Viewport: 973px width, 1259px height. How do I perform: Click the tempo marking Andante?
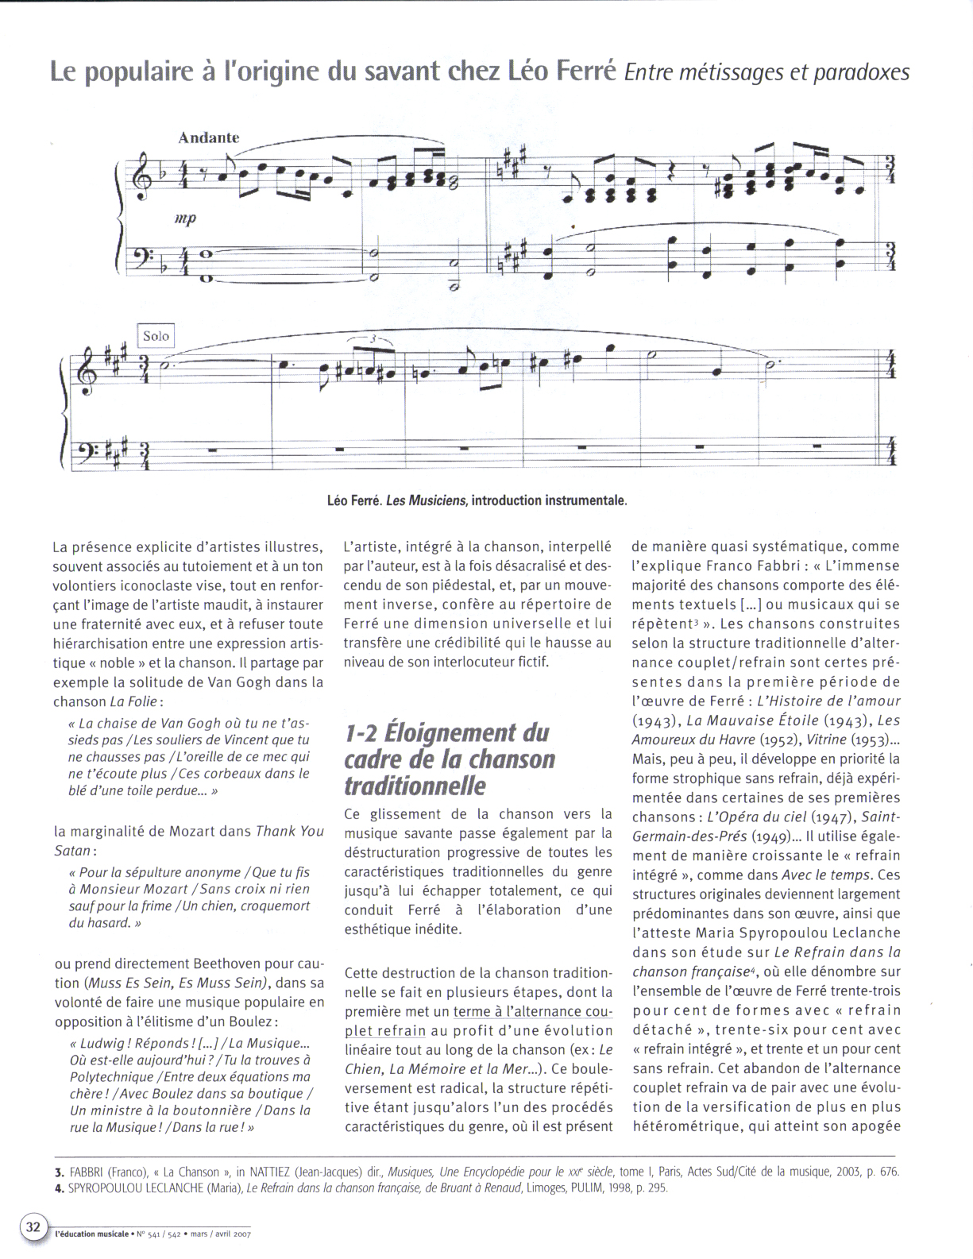[x=208, y=137]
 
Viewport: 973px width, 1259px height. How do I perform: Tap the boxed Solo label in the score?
[x=156, y=336]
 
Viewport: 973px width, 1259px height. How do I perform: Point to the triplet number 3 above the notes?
[x=370, y=339]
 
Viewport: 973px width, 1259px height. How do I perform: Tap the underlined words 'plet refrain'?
[x=385, y=1031]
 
